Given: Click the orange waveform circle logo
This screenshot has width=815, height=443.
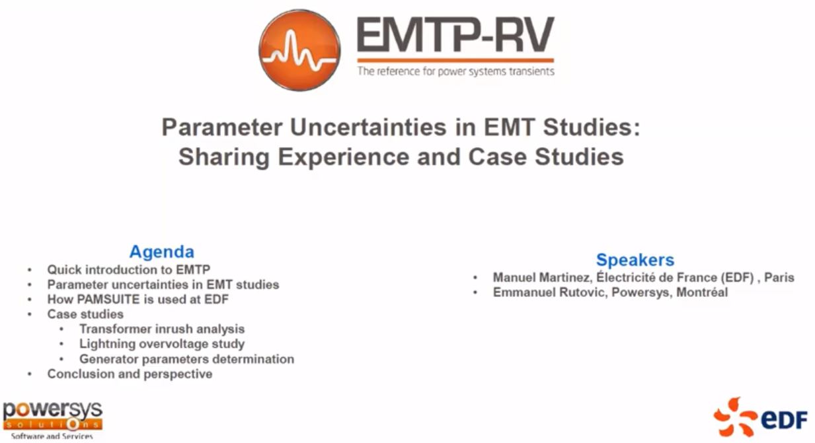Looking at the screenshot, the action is pos(300,50).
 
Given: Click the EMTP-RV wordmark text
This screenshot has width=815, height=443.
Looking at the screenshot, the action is pos(455,35).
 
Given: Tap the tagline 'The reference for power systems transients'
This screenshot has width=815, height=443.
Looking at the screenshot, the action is pos(456,71).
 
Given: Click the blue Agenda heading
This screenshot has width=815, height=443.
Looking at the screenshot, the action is pos(162,252).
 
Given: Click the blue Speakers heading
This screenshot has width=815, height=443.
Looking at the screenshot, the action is pos(635,260).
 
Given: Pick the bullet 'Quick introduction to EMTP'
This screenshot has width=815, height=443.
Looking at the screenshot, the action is pos(129,269).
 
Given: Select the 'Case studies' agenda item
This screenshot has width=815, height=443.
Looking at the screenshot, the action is pos(85,314).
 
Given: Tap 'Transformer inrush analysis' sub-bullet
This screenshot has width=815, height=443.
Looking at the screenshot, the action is pos(162,329).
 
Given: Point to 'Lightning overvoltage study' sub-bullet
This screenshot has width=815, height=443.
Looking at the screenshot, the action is pos(162,344).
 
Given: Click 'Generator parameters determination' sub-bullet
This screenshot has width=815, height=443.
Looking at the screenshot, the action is pos(186,359).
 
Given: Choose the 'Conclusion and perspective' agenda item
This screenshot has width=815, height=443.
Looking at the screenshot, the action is pos(130,374).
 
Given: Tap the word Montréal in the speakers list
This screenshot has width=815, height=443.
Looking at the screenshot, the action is pos(702,292).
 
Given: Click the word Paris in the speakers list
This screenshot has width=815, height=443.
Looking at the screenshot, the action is pos(779,278).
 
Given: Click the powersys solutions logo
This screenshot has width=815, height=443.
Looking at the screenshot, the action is pos(53,420).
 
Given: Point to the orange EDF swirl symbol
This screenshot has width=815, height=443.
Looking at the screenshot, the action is pos(735,417).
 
